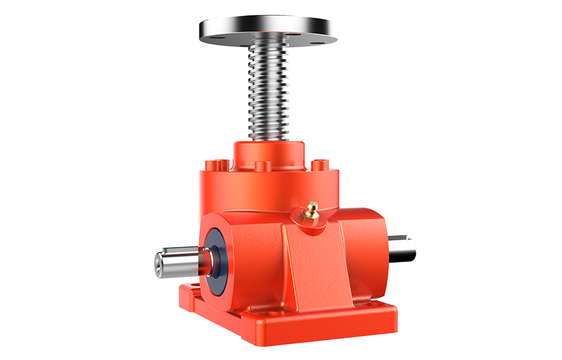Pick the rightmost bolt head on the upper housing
tap(318, 166)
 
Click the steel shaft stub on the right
tap(403, 248)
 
